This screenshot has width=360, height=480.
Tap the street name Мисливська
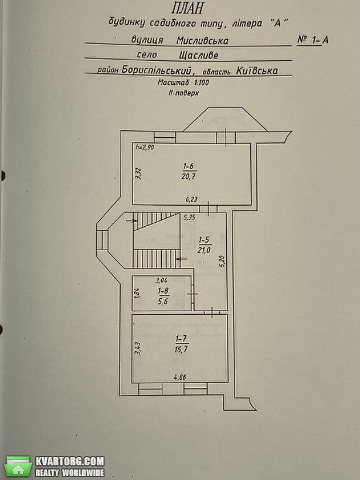(202, 40)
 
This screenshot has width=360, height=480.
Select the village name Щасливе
(199, 56)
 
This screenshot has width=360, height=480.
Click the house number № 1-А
(313, 40)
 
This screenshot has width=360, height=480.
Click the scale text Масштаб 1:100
(184, 83)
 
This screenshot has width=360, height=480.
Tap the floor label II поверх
(184, 93)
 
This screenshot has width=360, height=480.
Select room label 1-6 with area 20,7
(189, 171)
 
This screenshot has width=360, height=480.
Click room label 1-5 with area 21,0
(205, 244)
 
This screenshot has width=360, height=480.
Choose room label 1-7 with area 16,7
(182, 344)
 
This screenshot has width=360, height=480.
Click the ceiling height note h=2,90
(145, 147)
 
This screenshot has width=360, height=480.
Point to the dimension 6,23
(192, 199)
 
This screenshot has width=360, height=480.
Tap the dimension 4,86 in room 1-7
(181, 377)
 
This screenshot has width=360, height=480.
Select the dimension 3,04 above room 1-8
(162, 280)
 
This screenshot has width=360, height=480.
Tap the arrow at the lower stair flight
(182, 259)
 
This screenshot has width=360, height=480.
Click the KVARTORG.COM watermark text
(70, 461)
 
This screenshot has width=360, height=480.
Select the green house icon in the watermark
(18, 467)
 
